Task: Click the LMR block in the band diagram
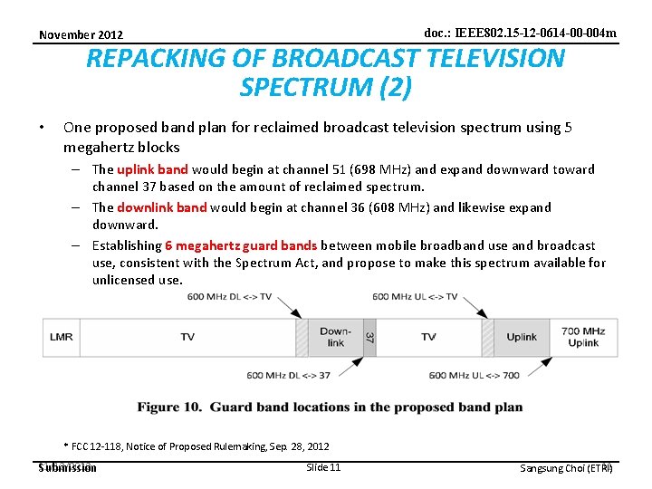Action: pos(62,337)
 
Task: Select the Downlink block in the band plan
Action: pos(335,337)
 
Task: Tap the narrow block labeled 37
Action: pos(369,337)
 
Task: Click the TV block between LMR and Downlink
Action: pos(187,337)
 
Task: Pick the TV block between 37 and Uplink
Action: pos(428,337)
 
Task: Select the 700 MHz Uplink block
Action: pos(583,337)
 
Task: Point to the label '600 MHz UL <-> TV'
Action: pos(415,297)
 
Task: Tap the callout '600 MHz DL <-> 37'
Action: pos(288,376)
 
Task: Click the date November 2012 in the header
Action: pos(81,35)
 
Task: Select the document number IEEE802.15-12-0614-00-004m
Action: pos(520,34)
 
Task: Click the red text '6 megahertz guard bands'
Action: pos(241,245)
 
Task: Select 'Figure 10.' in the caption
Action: pos(170,407)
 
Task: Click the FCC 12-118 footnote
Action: pos(196,446)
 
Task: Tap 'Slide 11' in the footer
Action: pos(323,467)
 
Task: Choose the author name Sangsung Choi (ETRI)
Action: pos(566,468)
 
